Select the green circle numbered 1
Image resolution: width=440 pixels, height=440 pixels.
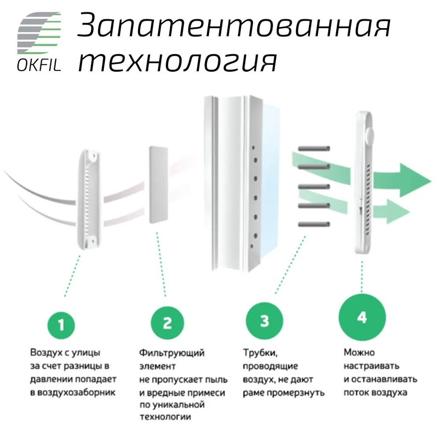(x=61, y=325)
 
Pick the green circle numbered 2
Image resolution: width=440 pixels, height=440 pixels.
(x=167, y=323)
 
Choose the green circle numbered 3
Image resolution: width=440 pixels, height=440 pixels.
(x=264, y=321)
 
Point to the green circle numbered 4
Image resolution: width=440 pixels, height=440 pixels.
(x=362, y=317)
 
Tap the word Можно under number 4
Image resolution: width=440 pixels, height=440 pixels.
(x=359, y=353)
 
